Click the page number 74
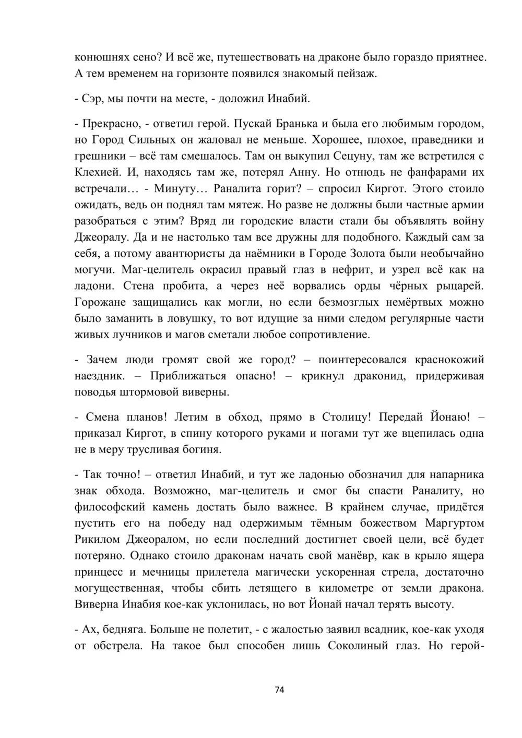point(279,690)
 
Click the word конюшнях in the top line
point(100,57)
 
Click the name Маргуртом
point(455,522)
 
